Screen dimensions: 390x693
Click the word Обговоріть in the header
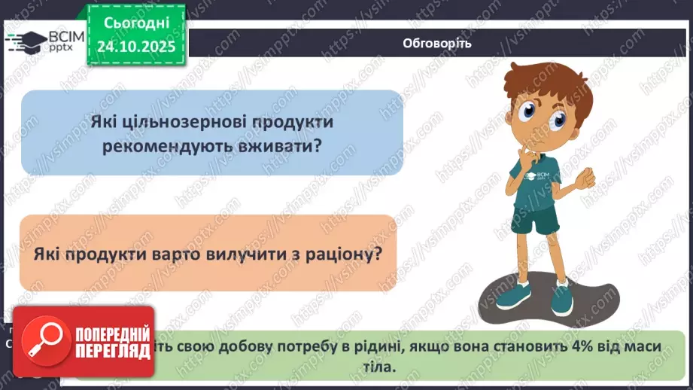click(x=437, y=43)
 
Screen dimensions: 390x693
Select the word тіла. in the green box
click(x=376, y=367)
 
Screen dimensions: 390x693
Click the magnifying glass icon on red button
click(x=43, y=343)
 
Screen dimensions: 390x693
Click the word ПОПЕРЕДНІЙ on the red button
click(x=111, y=333)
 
